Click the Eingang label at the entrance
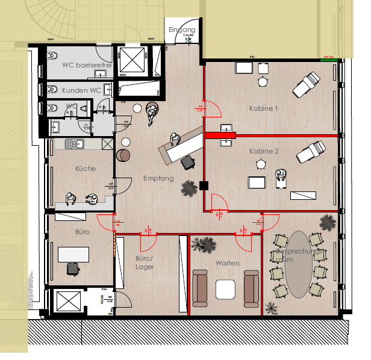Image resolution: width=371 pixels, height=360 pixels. [182, 29]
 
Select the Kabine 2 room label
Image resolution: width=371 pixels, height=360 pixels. [264, 152]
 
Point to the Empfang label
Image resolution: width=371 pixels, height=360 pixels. [158, 178]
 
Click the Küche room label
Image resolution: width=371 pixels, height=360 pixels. [85, 169]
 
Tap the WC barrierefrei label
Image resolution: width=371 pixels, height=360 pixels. [83, 65]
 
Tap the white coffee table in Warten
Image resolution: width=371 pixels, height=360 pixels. [226, 290]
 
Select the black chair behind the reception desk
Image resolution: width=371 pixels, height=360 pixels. [189, 161]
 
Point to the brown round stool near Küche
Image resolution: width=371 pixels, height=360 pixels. [122, 155]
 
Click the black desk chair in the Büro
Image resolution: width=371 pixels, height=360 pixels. [73, 268]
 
